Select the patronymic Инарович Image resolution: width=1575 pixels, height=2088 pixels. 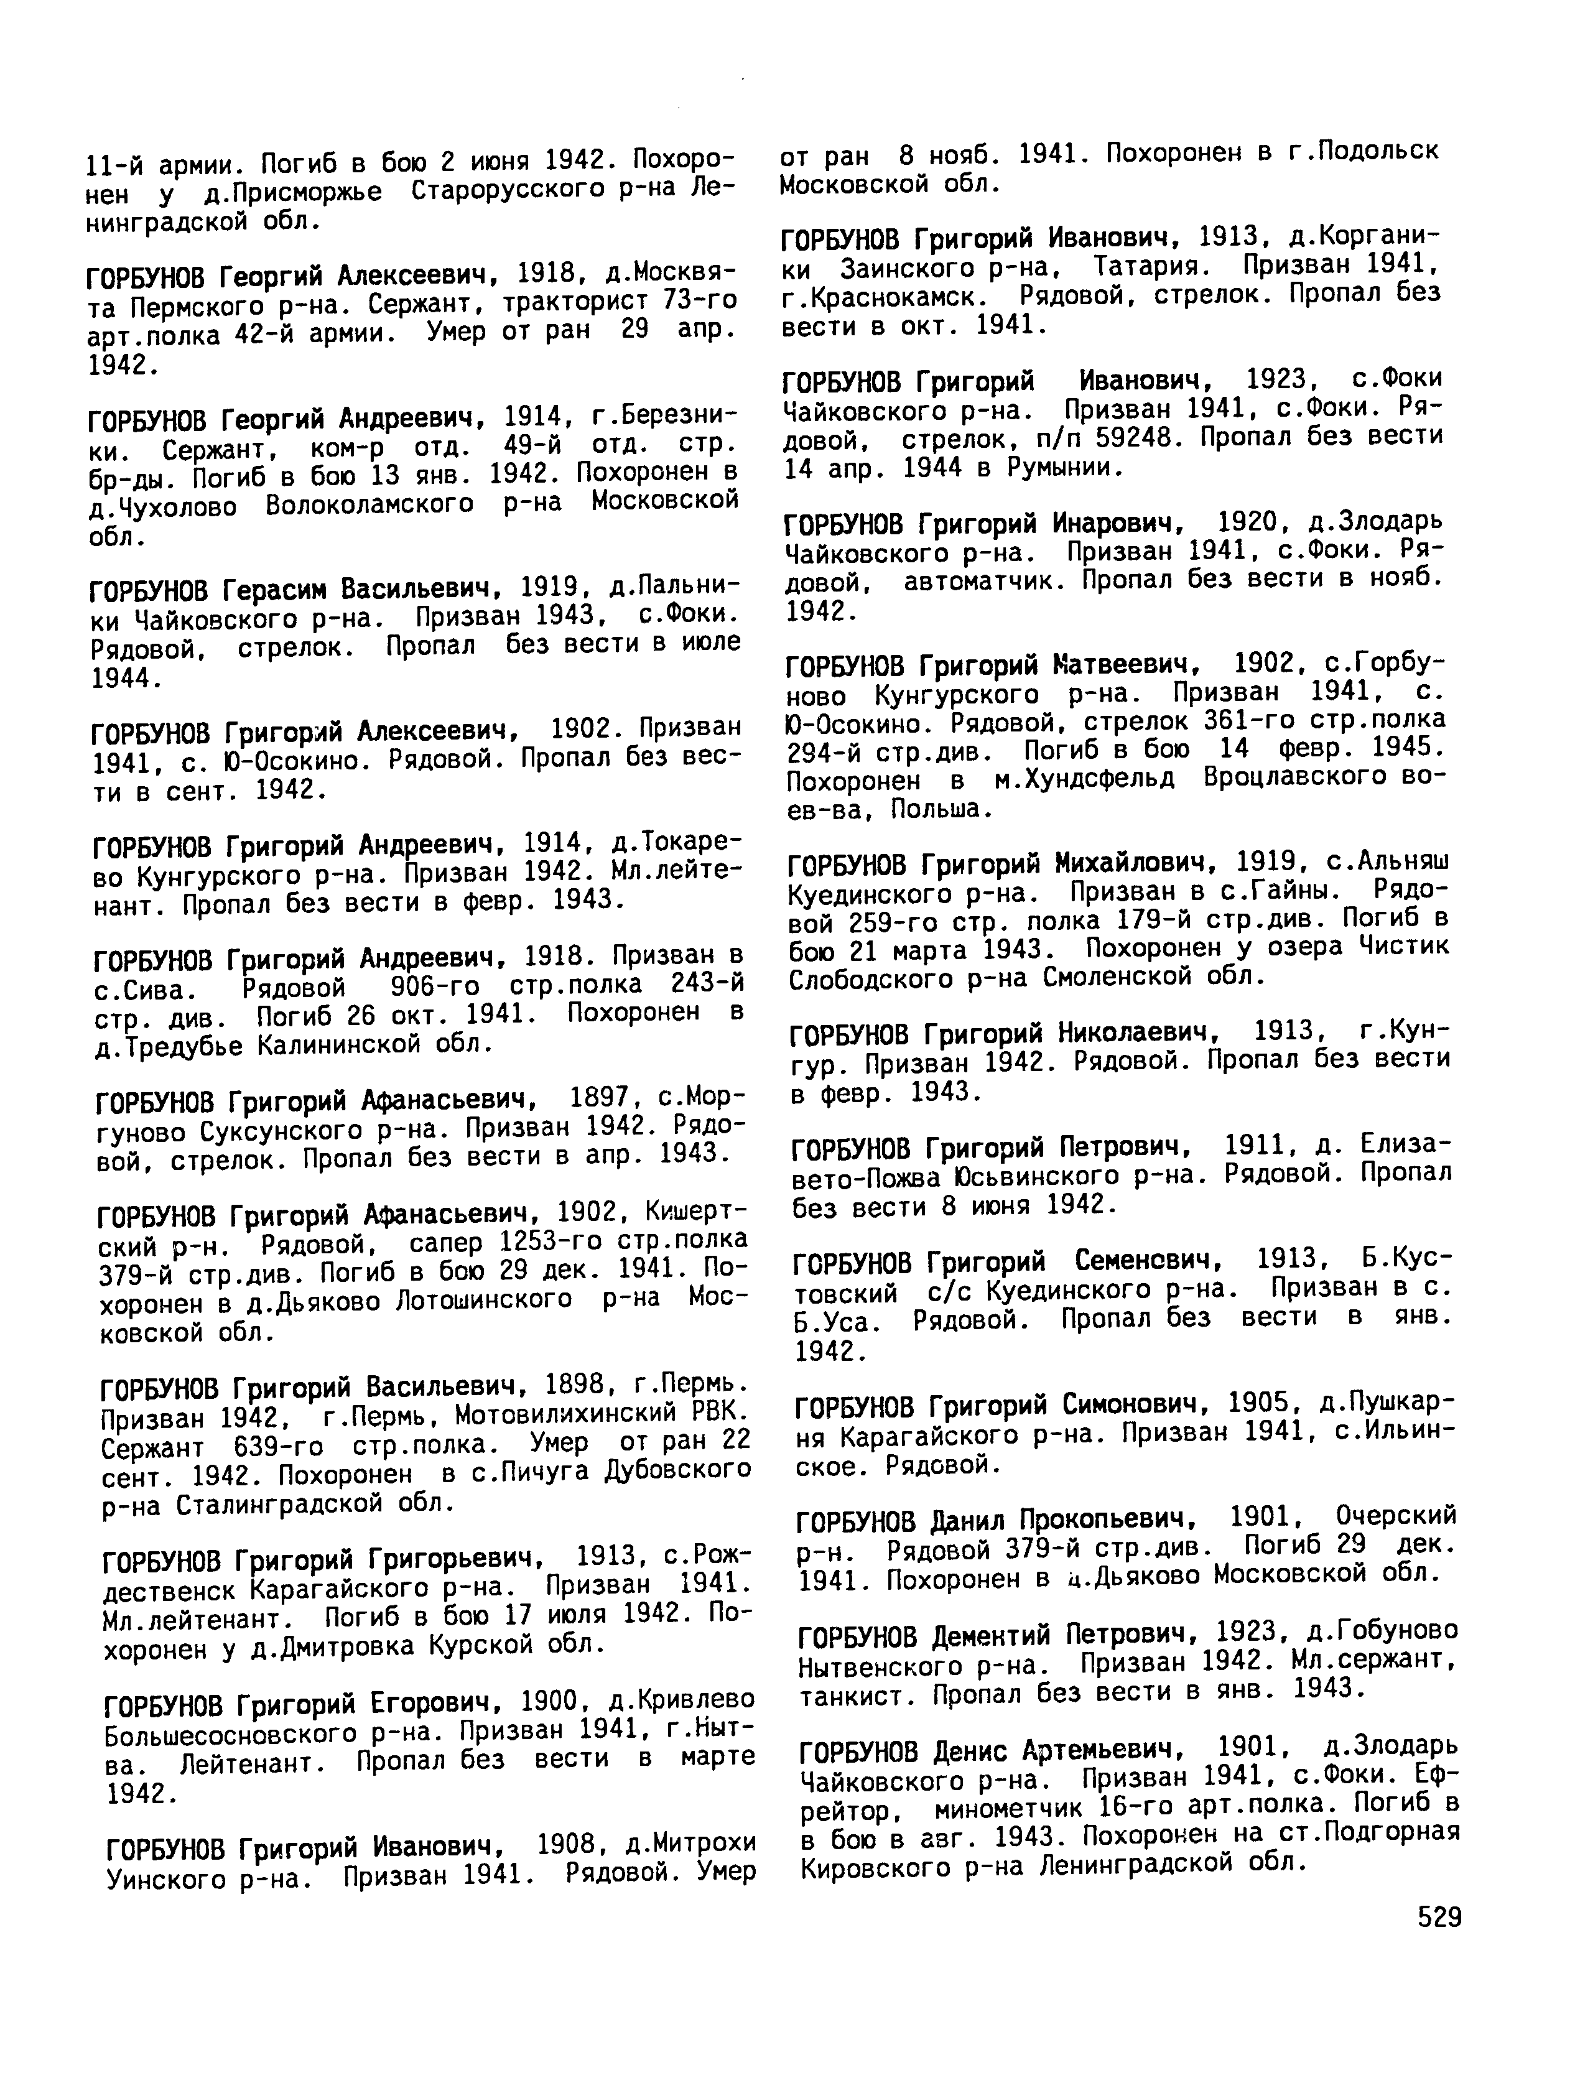(x=1122, y=522)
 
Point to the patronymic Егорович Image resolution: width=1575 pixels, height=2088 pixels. (x=434, y=1703)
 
